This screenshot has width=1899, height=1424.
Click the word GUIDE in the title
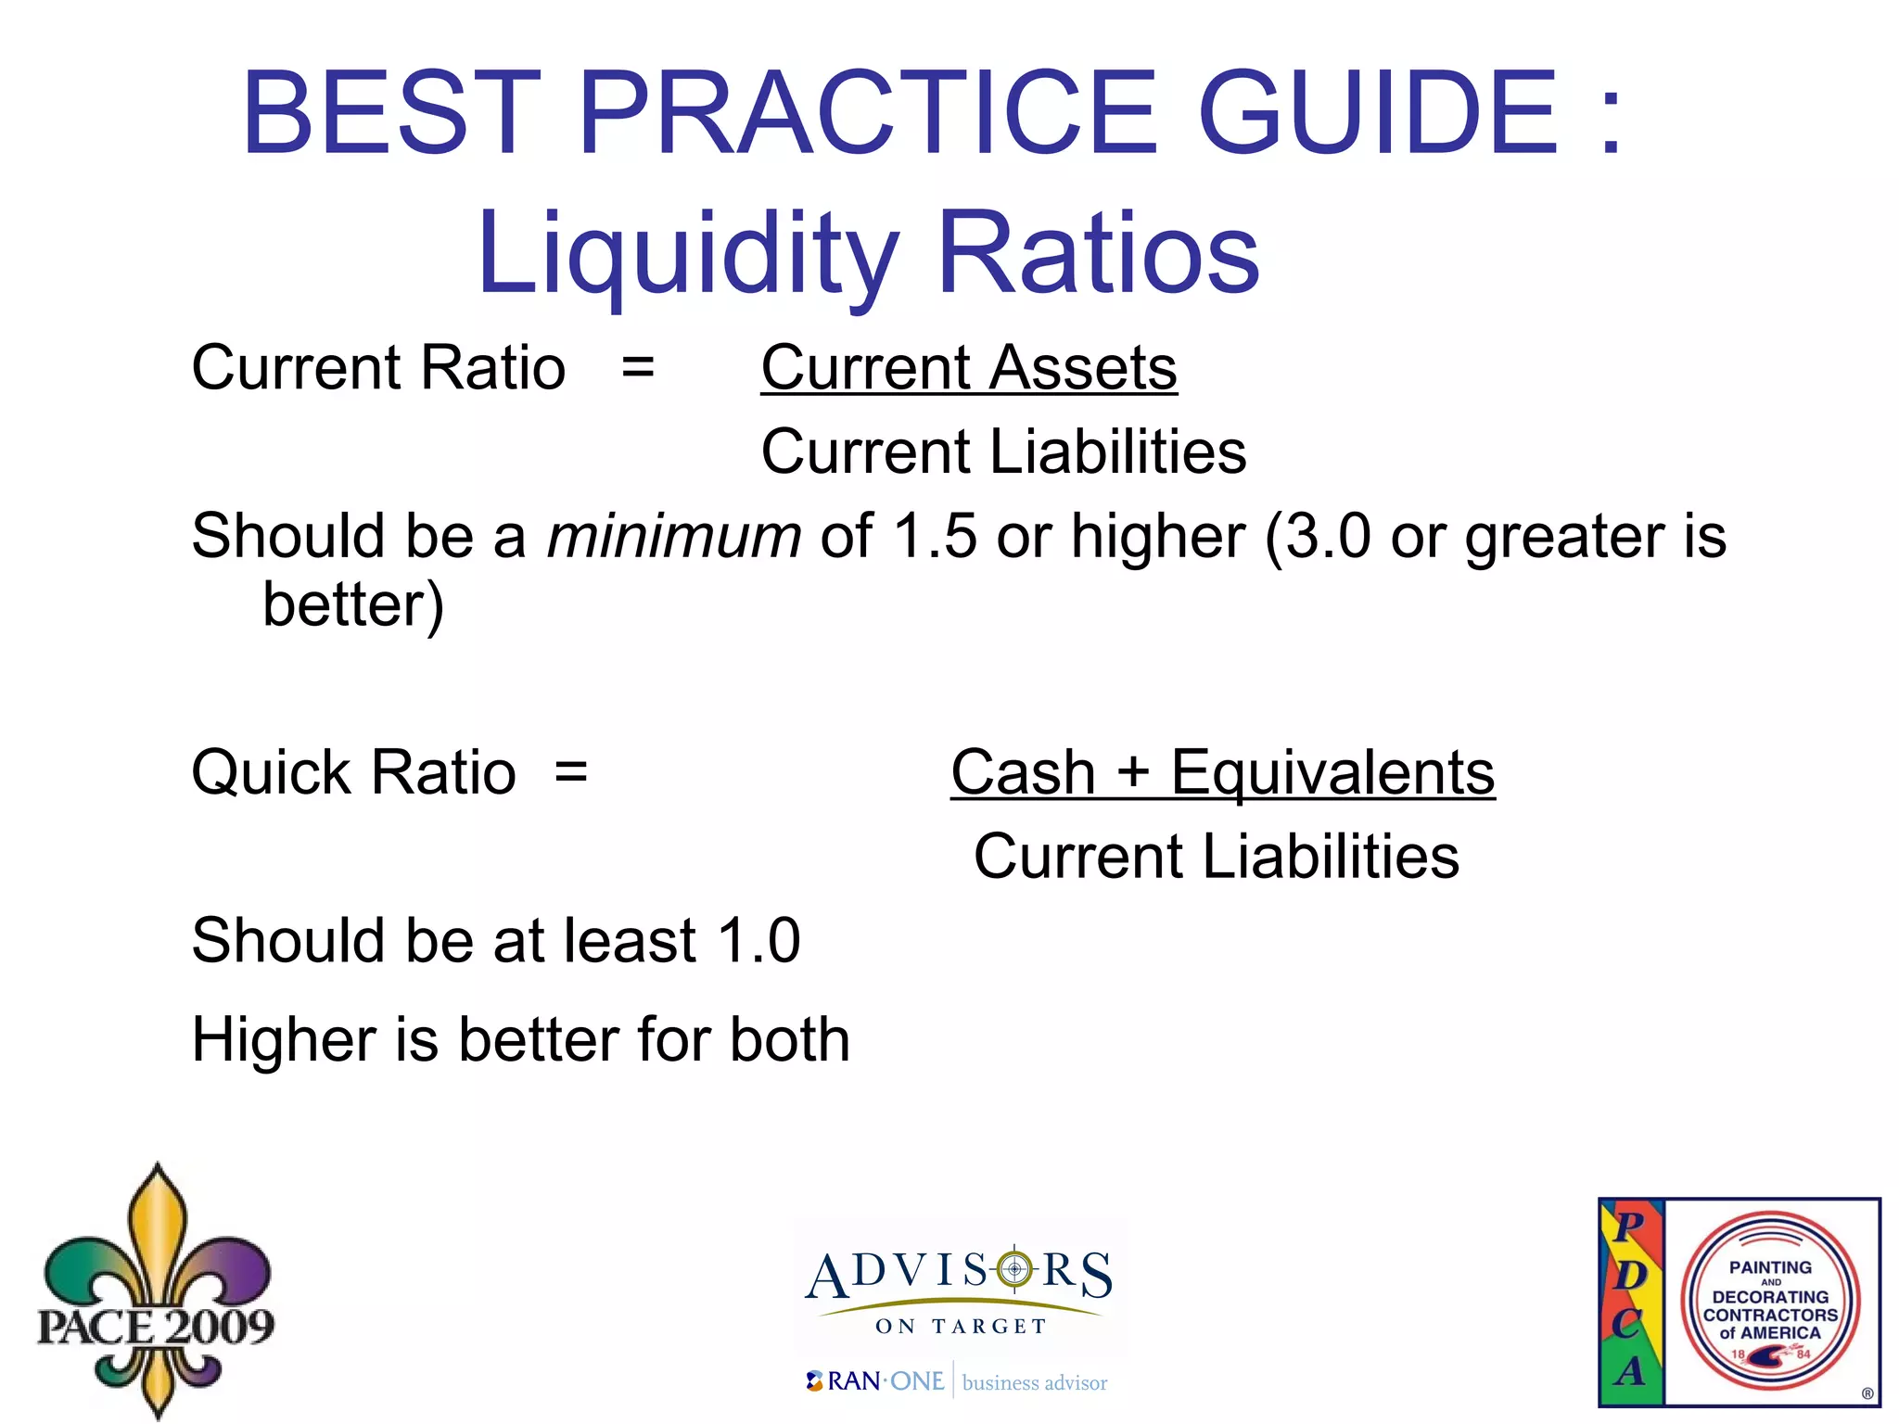(1377, 113)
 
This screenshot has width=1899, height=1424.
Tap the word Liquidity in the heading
(687, 253)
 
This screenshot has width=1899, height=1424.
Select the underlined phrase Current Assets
(969, 368)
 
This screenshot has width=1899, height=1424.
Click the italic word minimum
(674, 537)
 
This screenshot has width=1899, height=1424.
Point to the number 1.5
(935, 537)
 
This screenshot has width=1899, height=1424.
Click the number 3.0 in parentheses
(1329, 537)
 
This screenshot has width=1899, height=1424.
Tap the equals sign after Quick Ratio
(570, 772)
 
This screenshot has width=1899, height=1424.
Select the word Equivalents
(1332, 772)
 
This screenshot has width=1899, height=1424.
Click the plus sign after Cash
(1133, 772)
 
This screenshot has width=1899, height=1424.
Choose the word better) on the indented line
(353, 605)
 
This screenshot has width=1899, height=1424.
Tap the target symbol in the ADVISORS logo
(1014, 1268)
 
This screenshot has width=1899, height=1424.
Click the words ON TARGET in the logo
(961, 1327)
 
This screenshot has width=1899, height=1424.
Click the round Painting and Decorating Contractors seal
(1770, 1301)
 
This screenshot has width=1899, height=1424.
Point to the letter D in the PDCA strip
(1630, 1274)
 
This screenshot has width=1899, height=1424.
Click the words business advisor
(1035, 1383)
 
